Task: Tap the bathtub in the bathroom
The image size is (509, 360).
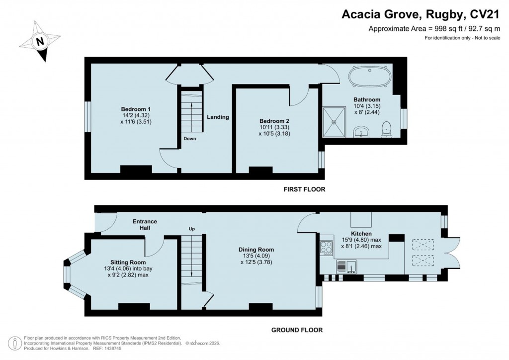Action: pos(370,79)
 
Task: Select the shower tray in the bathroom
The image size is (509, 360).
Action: pos(335,121)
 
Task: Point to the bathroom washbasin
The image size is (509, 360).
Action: pos(361,132)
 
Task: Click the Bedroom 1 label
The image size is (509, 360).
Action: pos(136,109)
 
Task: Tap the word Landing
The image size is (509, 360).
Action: pos(218,117)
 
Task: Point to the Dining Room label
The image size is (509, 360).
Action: pos(256,250)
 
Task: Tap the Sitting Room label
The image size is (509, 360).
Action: pos(128,262)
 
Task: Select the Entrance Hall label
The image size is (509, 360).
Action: pos(145,224)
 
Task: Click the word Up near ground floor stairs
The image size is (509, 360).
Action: pos(191,229)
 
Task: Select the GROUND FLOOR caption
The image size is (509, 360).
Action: pos(296,330)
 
